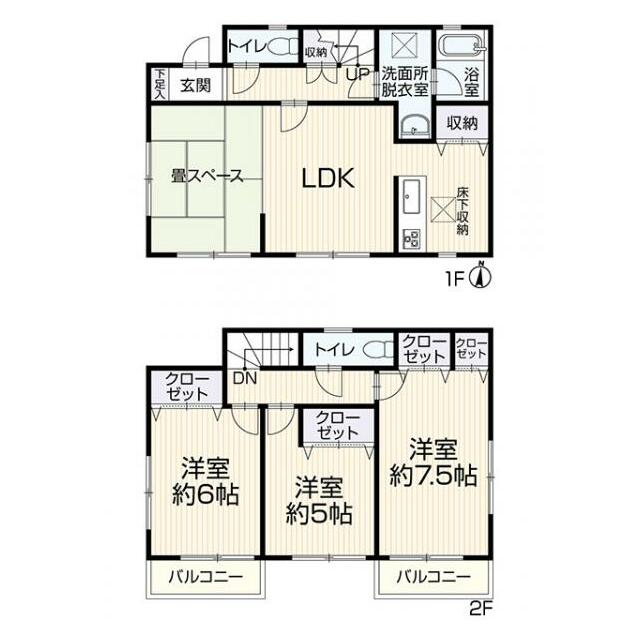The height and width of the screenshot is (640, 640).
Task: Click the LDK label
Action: [328, 178]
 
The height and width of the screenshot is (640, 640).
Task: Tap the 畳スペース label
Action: [207, 176]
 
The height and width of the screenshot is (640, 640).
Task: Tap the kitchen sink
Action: [411, 197]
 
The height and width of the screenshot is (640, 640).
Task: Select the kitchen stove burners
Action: [411, 239]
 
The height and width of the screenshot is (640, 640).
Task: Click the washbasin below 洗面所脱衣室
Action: [414, 124]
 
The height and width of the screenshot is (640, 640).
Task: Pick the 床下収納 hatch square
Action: [443, 209]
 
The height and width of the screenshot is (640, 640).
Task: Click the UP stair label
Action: [357, 74]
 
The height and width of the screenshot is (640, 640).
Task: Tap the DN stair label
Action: [245, 378]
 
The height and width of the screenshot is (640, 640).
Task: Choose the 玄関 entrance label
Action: [196, 86]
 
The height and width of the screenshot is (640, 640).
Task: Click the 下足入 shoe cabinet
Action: [160, 84]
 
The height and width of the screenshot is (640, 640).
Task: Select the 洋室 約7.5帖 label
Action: [433, 462]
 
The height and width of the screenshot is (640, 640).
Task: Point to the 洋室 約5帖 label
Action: [319, 500]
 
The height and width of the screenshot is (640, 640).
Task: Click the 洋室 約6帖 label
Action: [205, 481]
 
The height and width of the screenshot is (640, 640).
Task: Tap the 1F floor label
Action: [456, 280]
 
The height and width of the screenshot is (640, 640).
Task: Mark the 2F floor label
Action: [481, 609]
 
